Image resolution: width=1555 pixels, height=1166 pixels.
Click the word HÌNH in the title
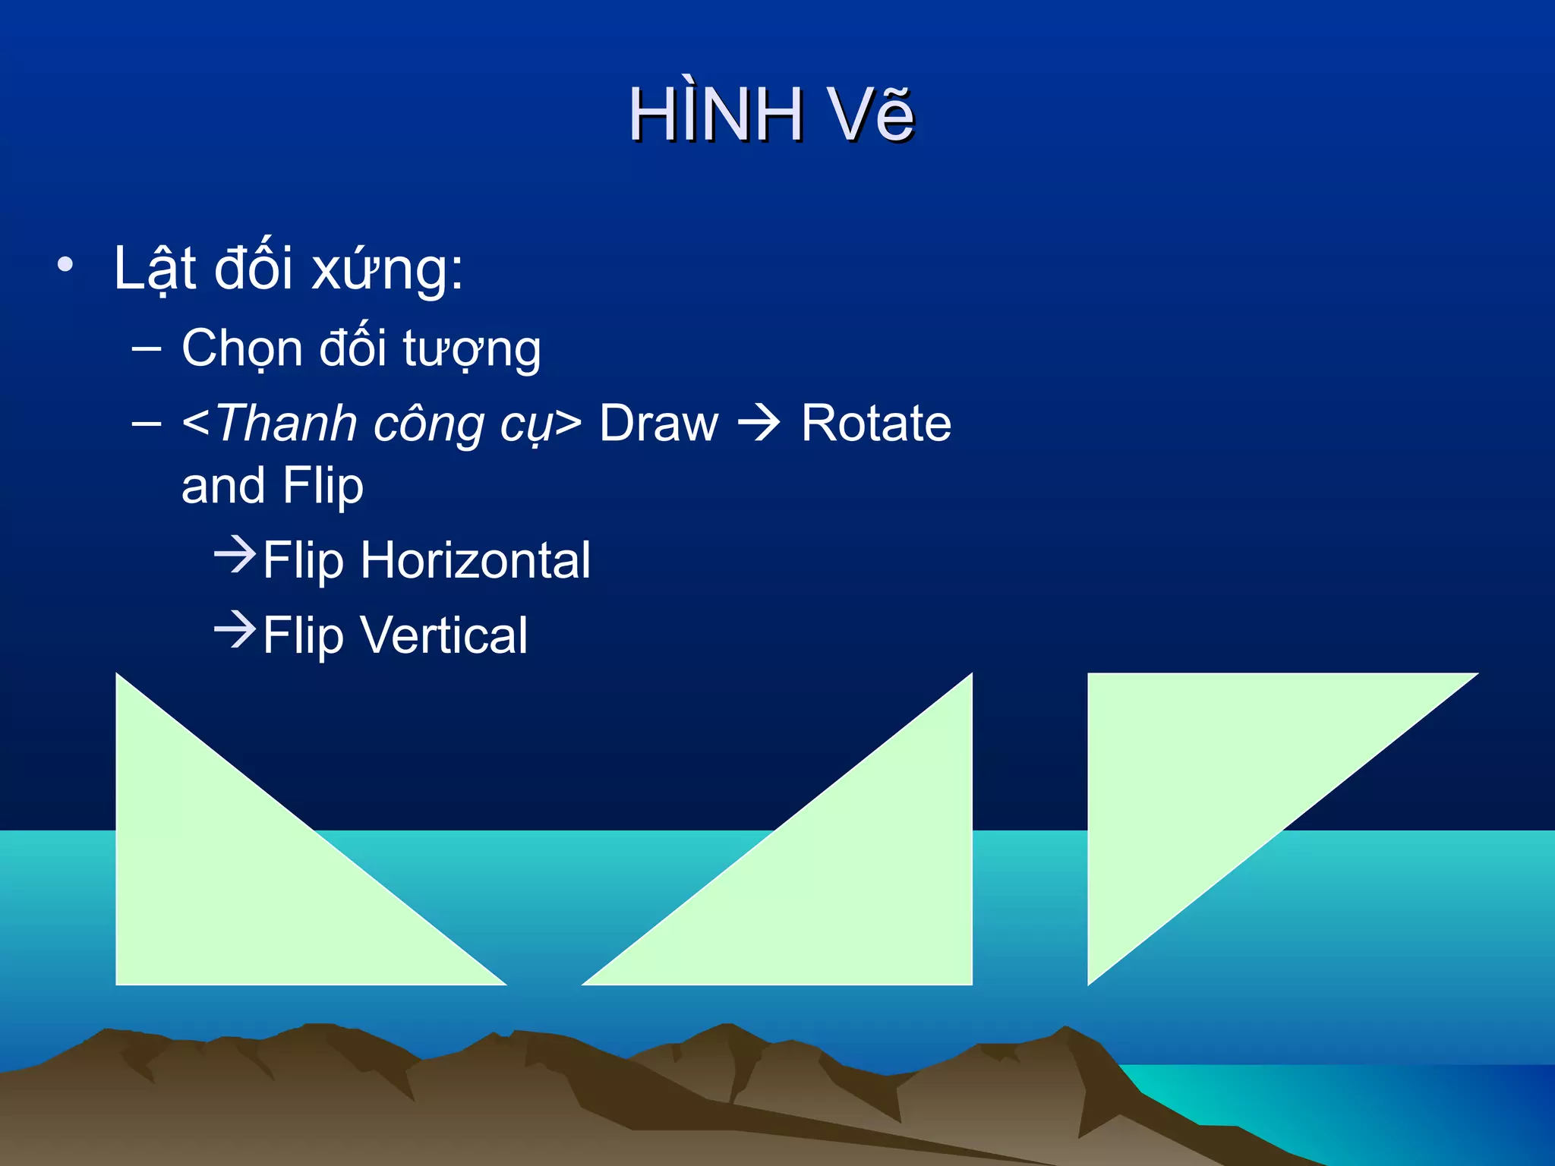[x=715, y=115]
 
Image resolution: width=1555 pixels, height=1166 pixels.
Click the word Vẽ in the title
[x=871, y=115]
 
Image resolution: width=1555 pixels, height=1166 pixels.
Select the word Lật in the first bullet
[x=155, y=269]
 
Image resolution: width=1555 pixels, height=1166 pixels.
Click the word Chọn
[x=241, y=349]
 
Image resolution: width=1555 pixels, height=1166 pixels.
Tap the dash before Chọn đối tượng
[x=146, y=349]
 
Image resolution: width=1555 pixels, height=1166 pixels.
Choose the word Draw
[x=658, y=424]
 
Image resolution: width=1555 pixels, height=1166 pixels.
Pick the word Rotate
[x=875, y=424]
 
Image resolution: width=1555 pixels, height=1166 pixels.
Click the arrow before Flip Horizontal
[x=235, y=555]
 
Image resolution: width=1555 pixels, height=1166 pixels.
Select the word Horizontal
[x=475, y=561]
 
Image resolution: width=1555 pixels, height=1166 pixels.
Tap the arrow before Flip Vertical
[x=235, y=629]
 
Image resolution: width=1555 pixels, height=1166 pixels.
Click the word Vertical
[x=444, y=635]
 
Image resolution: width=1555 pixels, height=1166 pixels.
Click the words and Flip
[x=272, y=486]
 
